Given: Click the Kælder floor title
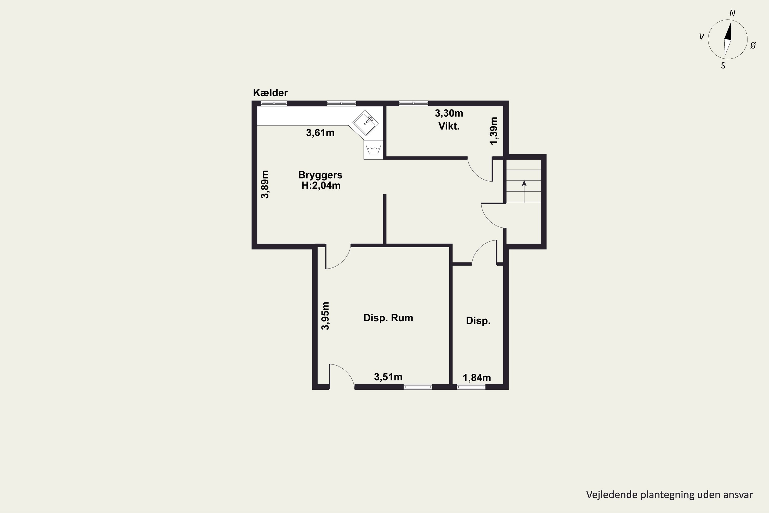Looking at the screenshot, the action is pos(270,93).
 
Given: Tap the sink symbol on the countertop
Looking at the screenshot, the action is pos(366,123).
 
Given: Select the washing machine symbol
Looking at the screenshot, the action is pos(373,150).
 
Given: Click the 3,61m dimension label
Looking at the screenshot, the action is pos(320,133).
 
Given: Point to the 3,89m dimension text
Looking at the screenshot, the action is pos(265,184).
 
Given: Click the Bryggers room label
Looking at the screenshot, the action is pos(320,175).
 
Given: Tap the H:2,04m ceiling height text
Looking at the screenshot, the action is pos(321,185).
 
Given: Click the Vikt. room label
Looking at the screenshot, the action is pos(449,126).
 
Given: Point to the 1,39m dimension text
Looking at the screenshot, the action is pos(494,131).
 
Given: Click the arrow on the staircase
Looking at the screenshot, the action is pos(524,191).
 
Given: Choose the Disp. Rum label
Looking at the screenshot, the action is pos(388,318).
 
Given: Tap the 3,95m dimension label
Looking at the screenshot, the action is pos(325,316).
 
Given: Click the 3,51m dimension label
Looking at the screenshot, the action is pos(388,377).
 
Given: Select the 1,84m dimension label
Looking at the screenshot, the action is pos(477,378).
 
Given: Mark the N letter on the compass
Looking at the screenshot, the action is pos(732,13).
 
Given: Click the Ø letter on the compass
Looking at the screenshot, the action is pos(753,46).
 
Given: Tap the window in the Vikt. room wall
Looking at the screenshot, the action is pos(413,103).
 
